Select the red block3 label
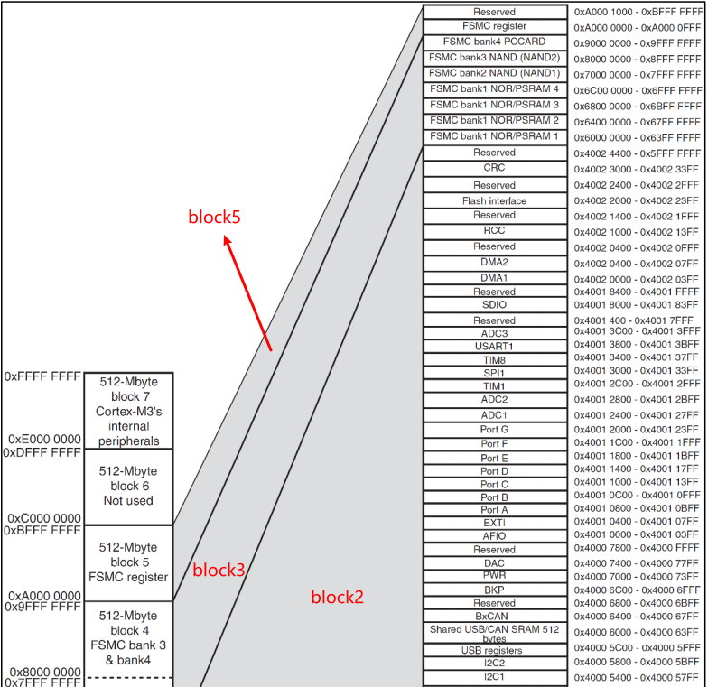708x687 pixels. [218, 570]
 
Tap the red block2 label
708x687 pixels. [338, 597]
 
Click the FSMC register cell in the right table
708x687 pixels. [494, 27]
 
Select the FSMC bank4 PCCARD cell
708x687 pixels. [494, 42]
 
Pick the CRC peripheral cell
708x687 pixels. [494, 168]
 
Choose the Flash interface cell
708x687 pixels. [494, 200]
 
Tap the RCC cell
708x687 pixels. [494, 230]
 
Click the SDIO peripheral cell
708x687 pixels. [494, 305]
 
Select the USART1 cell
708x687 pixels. [494, 347]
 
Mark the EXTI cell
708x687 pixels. [494, 523]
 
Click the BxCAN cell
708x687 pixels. [494, 616]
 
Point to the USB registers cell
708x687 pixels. [494, 650]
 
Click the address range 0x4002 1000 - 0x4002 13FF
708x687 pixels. [637, 232]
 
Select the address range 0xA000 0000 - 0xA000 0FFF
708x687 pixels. [637, 28]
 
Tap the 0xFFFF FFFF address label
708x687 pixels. [42, 375]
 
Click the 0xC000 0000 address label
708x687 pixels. [44, 518]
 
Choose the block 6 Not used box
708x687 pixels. [127, 486]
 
